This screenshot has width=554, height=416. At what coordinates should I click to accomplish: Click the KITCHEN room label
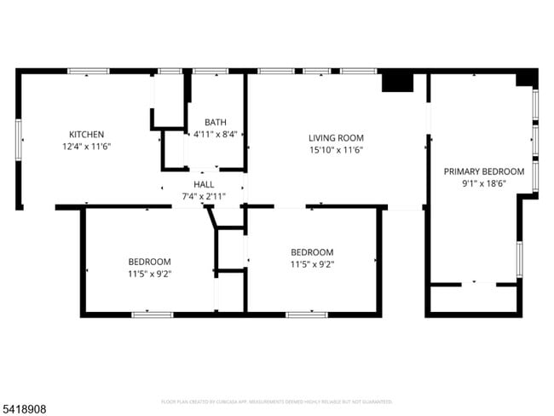coord(86,135)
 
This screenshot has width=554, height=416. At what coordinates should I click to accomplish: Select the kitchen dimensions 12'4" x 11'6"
coord(86,147)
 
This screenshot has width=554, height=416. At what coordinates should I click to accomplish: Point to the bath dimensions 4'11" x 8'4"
coord(216,135)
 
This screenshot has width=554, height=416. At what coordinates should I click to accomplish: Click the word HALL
coord(204,184)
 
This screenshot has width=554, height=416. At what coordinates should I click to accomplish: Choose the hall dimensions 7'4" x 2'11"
coord(204,196)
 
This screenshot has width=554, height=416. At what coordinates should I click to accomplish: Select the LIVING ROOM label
coord(336,138)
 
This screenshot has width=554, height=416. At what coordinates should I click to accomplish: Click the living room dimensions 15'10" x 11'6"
coord(336,150)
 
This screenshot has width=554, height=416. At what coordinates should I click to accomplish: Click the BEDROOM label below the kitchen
coord(149,262)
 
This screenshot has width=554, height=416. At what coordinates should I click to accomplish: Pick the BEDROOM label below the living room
coord(312,252)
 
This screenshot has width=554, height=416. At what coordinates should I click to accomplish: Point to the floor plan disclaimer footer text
coord(276,401)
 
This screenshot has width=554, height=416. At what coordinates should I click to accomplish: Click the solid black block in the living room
coord(396,82)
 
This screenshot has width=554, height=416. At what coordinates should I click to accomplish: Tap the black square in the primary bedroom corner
coord(527,78)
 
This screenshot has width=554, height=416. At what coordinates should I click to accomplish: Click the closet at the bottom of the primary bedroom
coord(474,298)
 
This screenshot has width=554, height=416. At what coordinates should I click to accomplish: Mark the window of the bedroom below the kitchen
coord(153,315)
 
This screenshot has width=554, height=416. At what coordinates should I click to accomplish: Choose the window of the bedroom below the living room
coord(306,315)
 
